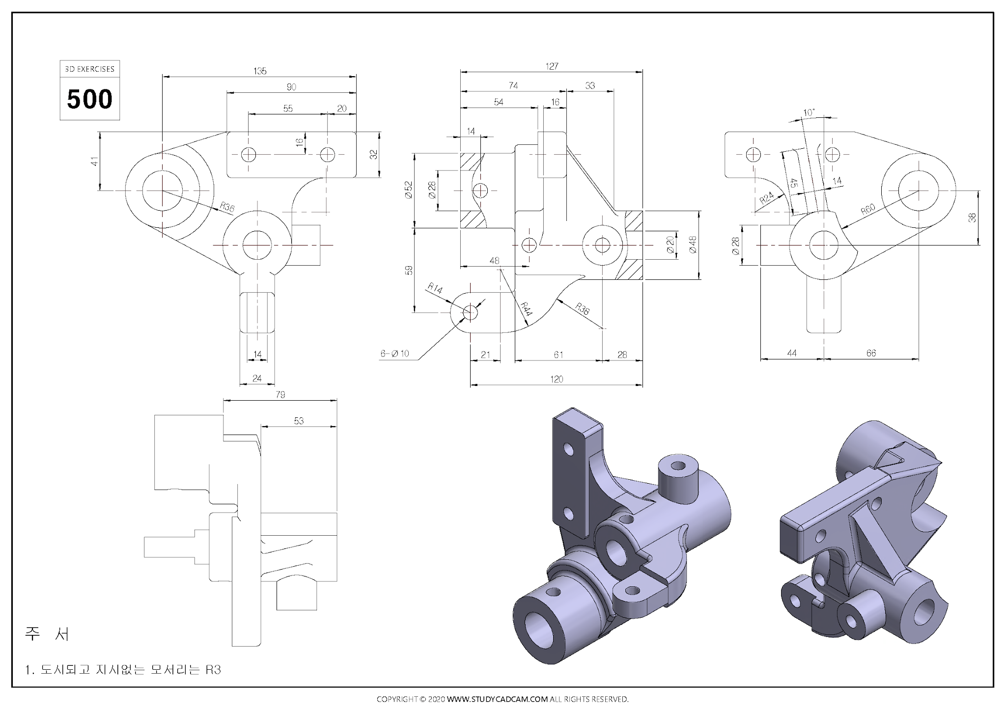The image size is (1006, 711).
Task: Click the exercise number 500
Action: pos(89,99)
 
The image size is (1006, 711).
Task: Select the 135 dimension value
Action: pos(260,71)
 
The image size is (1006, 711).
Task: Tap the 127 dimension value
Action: pos(552,66)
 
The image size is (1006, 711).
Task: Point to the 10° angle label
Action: pos(809,113)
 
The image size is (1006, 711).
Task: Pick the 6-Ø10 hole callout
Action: pos(394,354)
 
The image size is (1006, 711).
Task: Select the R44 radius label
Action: pos(526,309)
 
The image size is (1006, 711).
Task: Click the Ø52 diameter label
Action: pos(408,190)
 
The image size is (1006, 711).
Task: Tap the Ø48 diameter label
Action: pos(693,245)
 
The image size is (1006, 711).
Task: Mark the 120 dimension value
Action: pos(556,379)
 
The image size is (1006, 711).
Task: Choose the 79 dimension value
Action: pos(280,395)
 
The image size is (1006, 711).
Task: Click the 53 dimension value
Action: pos(299,421)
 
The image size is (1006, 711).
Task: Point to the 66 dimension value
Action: pos(871,353)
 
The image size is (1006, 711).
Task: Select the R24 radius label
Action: pos(766,198)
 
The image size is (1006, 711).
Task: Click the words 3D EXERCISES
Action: pos(89,69)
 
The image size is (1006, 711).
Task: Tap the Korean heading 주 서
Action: pos(47,634)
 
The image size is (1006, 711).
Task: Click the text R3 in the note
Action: pos(213,670)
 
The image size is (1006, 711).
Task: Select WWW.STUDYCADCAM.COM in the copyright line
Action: pos(497,699)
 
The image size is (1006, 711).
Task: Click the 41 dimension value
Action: pos(94,161)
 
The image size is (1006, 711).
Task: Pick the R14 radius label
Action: pos(435,288)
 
